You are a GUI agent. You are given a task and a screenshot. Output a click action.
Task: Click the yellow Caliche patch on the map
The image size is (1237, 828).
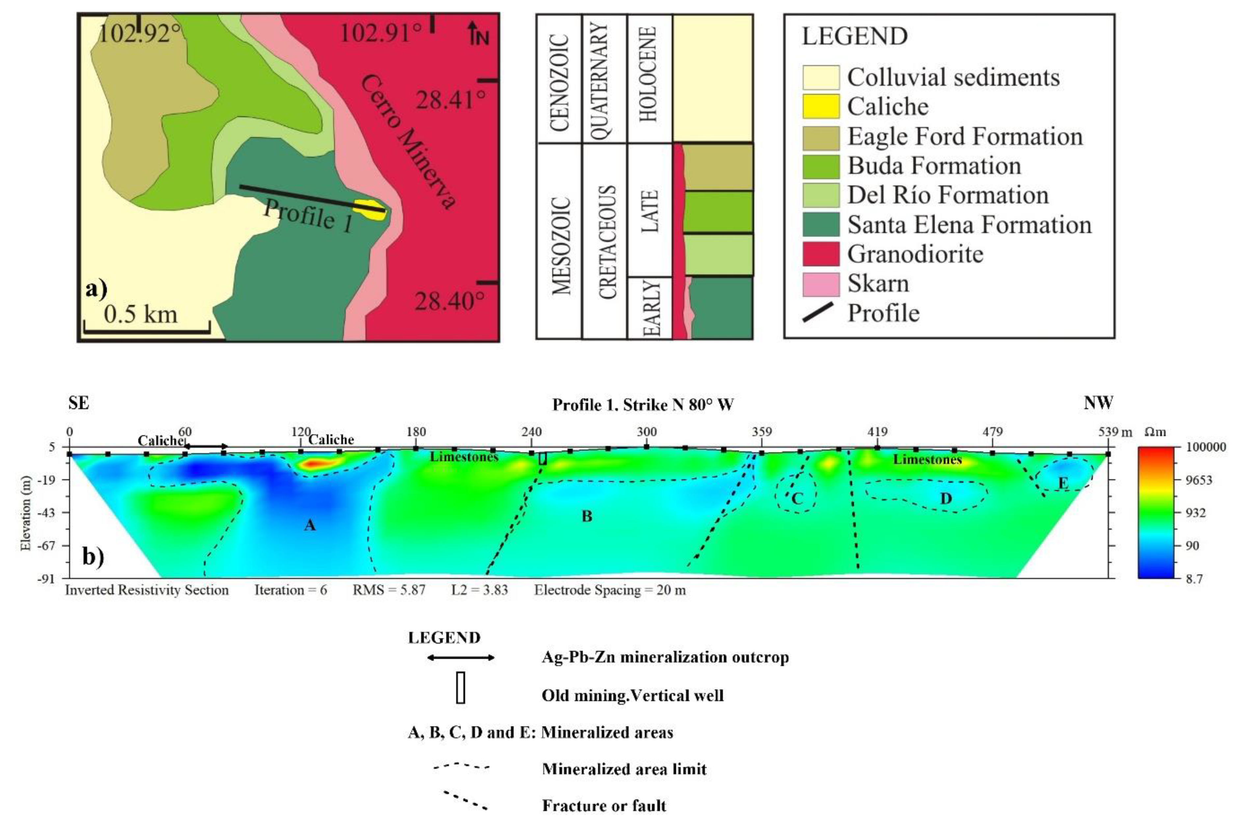point(370,209)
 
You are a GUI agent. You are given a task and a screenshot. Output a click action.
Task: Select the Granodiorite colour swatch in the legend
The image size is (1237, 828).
point(821,254)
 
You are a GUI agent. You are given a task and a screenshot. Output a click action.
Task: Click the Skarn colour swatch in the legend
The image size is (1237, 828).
point(821,283)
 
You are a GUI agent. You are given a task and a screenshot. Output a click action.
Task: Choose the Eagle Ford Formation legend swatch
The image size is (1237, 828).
point(821,137)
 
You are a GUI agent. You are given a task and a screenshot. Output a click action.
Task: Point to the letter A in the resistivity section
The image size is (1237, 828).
point(310,524)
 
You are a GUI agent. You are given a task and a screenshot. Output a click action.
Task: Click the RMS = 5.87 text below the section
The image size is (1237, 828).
point(389,590)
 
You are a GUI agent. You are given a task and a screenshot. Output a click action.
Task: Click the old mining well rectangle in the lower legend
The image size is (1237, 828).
point(461,687)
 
